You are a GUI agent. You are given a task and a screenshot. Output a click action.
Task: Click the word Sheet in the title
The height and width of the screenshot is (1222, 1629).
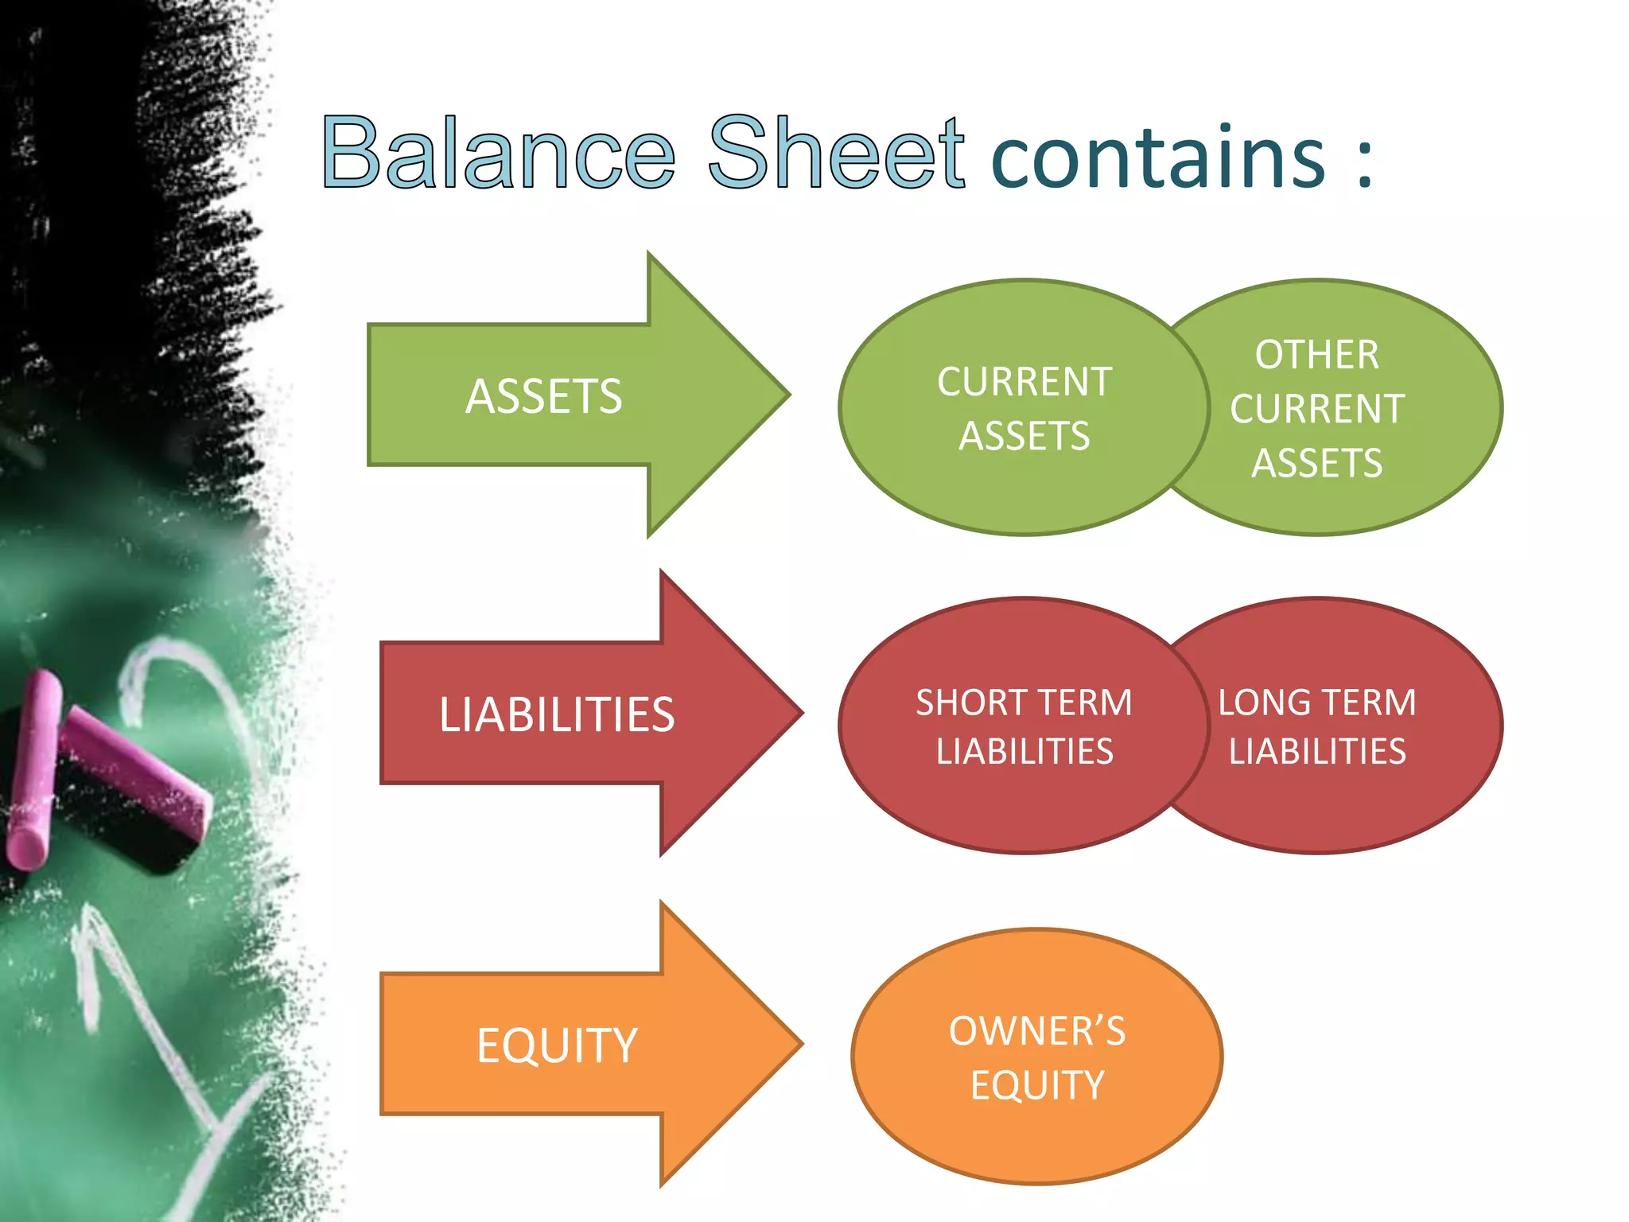point(836,152)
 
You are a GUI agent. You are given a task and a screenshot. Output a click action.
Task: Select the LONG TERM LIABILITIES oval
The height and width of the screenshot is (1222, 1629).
point(1344,726)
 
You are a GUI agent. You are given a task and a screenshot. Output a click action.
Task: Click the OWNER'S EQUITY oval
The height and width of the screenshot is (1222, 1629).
point(1036,1057)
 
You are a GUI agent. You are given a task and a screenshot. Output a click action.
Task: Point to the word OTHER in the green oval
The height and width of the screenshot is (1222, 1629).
point(1317,355)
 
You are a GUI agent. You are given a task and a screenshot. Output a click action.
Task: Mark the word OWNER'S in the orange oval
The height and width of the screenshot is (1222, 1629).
point(1036,1031)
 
